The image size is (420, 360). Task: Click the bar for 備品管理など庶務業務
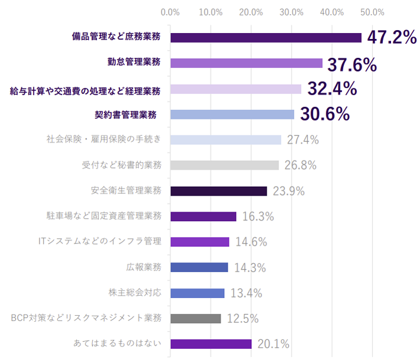(x=266, y=37)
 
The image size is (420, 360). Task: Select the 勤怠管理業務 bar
(x=246, y=63)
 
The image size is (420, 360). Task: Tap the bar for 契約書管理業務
(x=232, y=114)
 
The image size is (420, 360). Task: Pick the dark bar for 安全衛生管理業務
(x=218, y=191)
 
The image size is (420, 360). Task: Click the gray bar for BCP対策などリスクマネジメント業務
(x=195, y=319)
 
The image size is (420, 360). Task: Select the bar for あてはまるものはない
(x=211, y=344)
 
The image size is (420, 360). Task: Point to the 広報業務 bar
(x=199, y=267)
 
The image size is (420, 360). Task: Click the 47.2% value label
(x=392, y=37)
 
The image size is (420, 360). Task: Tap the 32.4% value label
(x=332, y=89)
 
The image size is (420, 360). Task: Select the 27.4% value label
(x=303, y=140)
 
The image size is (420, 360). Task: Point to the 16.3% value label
(x=258, y=216)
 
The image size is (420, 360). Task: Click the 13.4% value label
(x=246, y=293)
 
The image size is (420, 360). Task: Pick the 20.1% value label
(x=273, y=344)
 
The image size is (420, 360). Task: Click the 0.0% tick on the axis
(x=170, y=12)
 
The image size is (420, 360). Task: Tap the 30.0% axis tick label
(x=292, y=12)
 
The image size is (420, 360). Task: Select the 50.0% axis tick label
(x=373, y=12)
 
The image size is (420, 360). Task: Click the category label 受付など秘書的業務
(x=121, y=165)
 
